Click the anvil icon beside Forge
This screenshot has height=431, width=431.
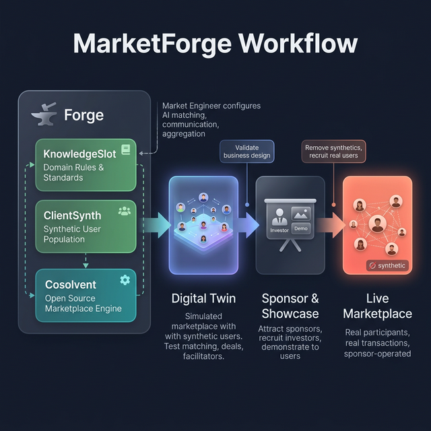(x=44, y=114)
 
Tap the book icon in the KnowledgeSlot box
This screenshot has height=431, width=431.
(x=125, y=150)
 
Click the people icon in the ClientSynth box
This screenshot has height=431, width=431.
(x=125, y=211)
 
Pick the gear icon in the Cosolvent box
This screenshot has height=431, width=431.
(x=125, y=280)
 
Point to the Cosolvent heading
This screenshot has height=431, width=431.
(x=71, y=285)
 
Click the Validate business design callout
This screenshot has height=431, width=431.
(x=247, y=152)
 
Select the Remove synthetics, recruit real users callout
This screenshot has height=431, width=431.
(x=333, y=152)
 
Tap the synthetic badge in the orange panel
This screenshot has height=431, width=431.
(x=387, y=265)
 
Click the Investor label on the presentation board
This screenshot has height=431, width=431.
(x=279, y=230)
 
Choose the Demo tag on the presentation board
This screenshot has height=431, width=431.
(x=301, y=229)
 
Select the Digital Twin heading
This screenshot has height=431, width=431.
(x=203, y=298)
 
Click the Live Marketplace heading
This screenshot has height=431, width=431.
(x=377, y=306)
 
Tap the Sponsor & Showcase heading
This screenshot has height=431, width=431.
(x=290, y=306)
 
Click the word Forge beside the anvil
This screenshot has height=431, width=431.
(x=84, y=115)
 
